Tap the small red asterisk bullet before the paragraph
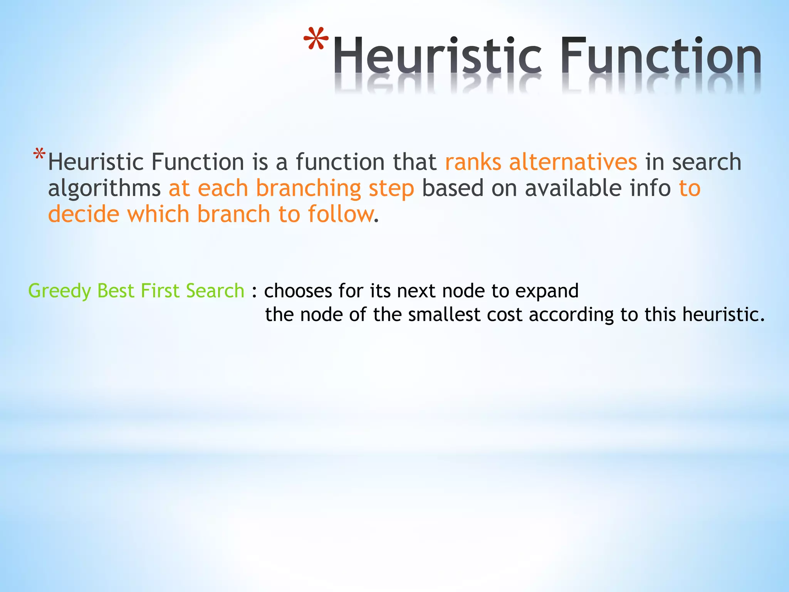39,155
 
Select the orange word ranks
473,162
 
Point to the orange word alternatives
573,162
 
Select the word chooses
298,291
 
